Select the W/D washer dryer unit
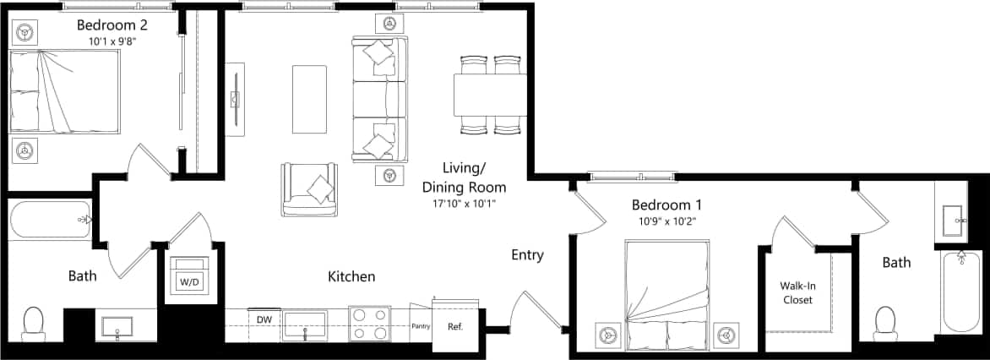[187, 275]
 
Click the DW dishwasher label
[264, 319]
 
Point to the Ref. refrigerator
[454, 325]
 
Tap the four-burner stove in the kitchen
[369, 323]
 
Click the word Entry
[527, 255]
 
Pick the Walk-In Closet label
[798, 292]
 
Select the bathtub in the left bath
[49, 220]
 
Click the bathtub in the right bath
[960, 292]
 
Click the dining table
[491, 95]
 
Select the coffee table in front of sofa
[308, 99]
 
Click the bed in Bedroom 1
[666, 292]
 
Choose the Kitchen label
[351, 276]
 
